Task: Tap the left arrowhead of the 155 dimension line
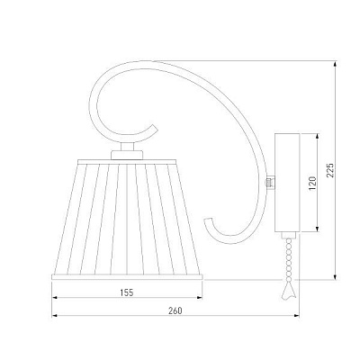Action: click(53, 301)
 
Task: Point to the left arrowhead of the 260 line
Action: click(53, 318)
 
